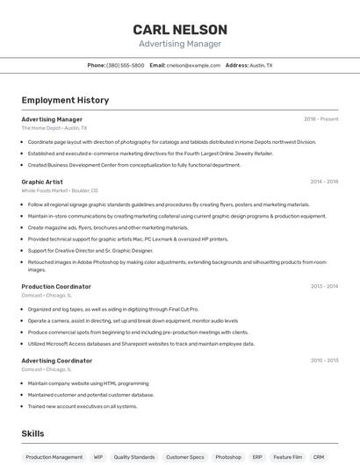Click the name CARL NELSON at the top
click(179, 30)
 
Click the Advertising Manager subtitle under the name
click(179, 44)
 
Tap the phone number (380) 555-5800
click(126, 66)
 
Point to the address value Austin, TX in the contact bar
click(261, 66)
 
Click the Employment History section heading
click(65, 100)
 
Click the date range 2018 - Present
click(320, 119)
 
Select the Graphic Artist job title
click(42, 182)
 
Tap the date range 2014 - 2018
click(324, 182)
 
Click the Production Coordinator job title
click(56, 286)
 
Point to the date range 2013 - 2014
click(324, 286)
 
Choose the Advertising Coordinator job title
click(56, 361)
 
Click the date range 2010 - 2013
click(324, 361)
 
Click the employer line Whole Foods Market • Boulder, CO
click(60, 190)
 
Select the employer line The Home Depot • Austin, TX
click(54, 128)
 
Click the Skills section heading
click(32, 433)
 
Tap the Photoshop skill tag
click(228, 457)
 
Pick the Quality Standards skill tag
click(134, 457)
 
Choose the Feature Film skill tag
click(287, 457)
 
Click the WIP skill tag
click(98, 457)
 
